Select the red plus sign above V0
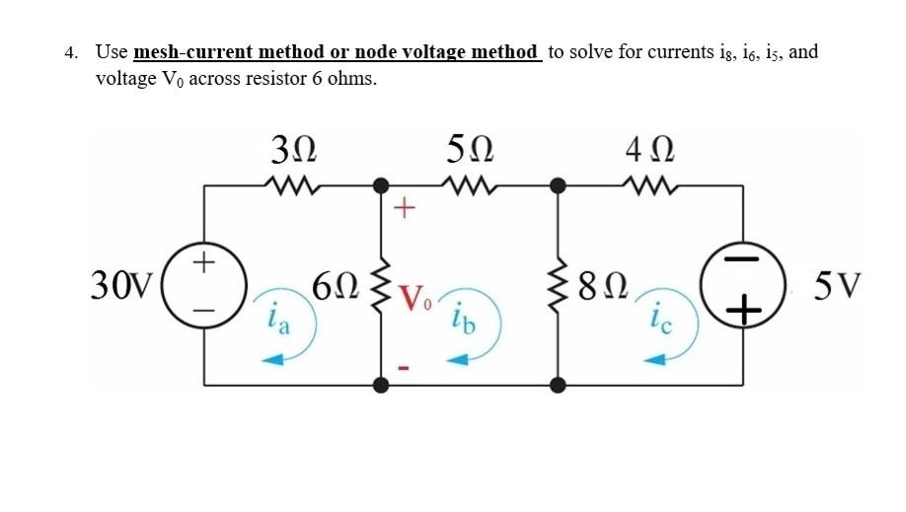[x=405, y=208]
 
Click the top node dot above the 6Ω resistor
[x=381, y=184]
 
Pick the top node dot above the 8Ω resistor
[x=559, y=184]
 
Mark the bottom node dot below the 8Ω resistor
[x=559, y=385]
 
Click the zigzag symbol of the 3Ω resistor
[x=293, y=184]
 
